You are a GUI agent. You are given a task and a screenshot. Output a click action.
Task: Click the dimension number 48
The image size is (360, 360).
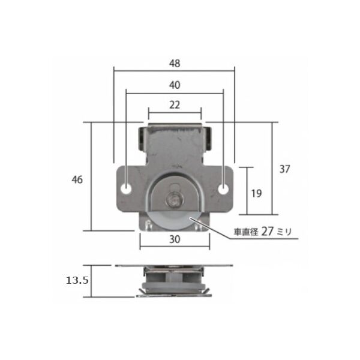175,64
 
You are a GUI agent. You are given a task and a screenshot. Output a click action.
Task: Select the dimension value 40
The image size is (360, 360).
175,85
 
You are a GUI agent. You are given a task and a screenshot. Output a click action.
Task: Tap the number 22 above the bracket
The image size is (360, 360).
175,105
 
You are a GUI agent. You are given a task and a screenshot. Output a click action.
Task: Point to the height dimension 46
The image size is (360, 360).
77,179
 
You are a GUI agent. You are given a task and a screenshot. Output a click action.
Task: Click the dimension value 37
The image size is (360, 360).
284,169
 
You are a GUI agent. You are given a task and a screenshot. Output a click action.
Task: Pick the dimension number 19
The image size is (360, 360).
256,194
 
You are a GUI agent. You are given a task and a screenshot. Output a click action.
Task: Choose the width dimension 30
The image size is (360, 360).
175,239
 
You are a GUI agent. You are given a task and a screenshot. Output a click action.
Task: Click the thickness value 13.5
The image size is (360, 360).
77,280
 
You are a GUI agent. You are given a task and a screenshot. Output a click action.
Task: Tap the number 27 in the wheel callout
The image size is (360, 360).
267,231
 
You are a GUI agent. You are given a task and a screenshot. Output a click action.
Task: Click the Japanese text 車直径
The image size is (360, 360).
246,232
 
